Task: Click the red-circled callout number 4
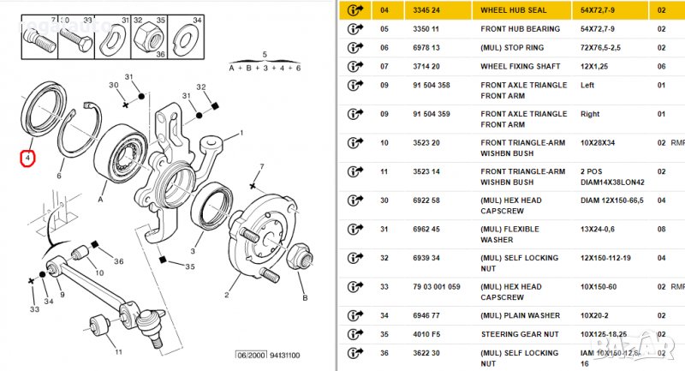(27, 159)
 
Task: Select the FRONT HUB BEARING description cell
(520, 29)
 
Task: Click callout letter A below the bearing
(102, 198)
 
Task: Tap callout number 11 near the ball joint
(118, 351)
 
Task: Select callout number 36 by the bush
(118, 261)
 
